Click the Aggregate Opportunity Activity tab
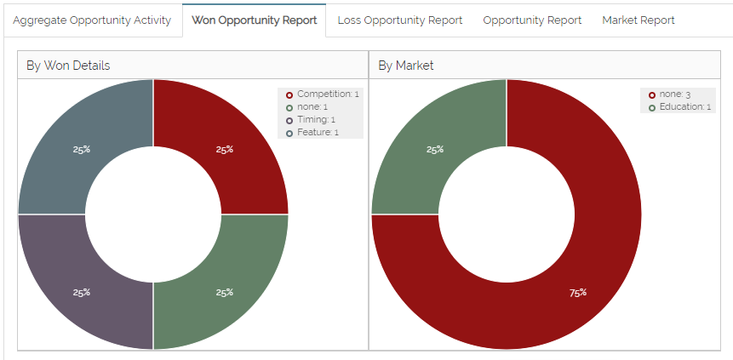[92, 20]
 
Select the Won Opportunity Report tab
[254, 20]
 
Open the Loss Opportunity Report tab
[399, 20]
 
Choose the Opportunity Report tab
[532, 20]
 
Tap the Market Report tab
[638, 20]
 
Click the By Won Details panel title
[68, 65]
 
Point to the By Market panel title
[405, 65]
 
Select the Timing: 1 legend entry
[316, 120]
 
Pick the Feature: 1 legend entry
[318, 133]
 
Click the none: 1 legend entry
[312, 107]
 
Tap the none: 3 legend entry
[674, 94]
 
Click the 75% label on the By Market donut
[577, 293]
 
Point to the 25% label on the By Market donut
[435, 150]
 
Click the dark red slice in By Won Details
[238, 136]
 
